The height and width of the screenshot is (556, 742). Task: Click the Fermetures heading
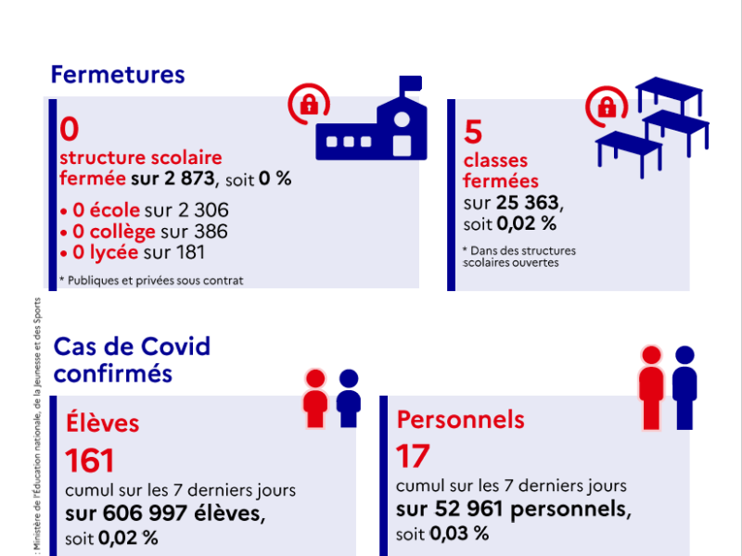pos(118,75)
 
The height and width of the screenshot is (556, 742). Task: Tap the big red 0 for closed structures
pos(69,129)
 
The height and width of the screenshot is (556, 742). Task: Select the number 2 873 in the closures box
pos(189,179)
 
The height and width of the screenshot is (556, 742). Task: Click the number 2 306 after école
pos(203,210)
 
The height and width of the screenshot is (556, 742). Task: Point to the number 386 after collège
pos(211,231)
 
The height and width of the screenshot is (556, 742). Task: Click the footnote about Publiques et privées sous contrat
pos(151,281)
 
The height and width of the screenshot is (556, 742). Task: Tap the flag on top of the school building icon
pos(410,83)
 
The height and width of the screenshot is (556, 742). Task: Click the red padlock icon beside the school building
pos(309,104)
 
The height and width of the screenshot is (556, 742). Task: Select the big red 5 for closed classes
pos(473,132)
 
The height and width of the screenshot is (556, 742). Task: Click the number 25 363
pos(528,202)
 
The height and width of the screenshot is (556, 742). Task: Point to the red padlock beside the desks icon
pos(607,107)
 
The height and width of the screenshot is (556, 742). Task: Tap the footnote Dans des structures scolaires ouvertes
pos(519,257)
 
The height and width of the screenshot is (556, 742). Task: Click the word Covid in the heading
pos(175,347)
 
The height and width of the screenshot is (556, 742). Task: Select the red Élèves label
pos(102,423)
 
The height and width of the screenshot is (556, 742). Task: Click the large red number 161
pos(89,461)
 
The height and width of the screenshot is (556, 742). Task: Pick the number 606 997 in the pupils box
pos(145,513)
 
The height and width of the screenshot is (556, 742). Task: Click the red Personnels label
pos(460,420)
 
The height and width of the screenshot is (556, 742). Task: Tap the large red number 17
pos(413,456)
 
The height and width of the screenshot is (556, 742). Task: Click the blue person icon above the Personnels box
pos(684,387)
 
